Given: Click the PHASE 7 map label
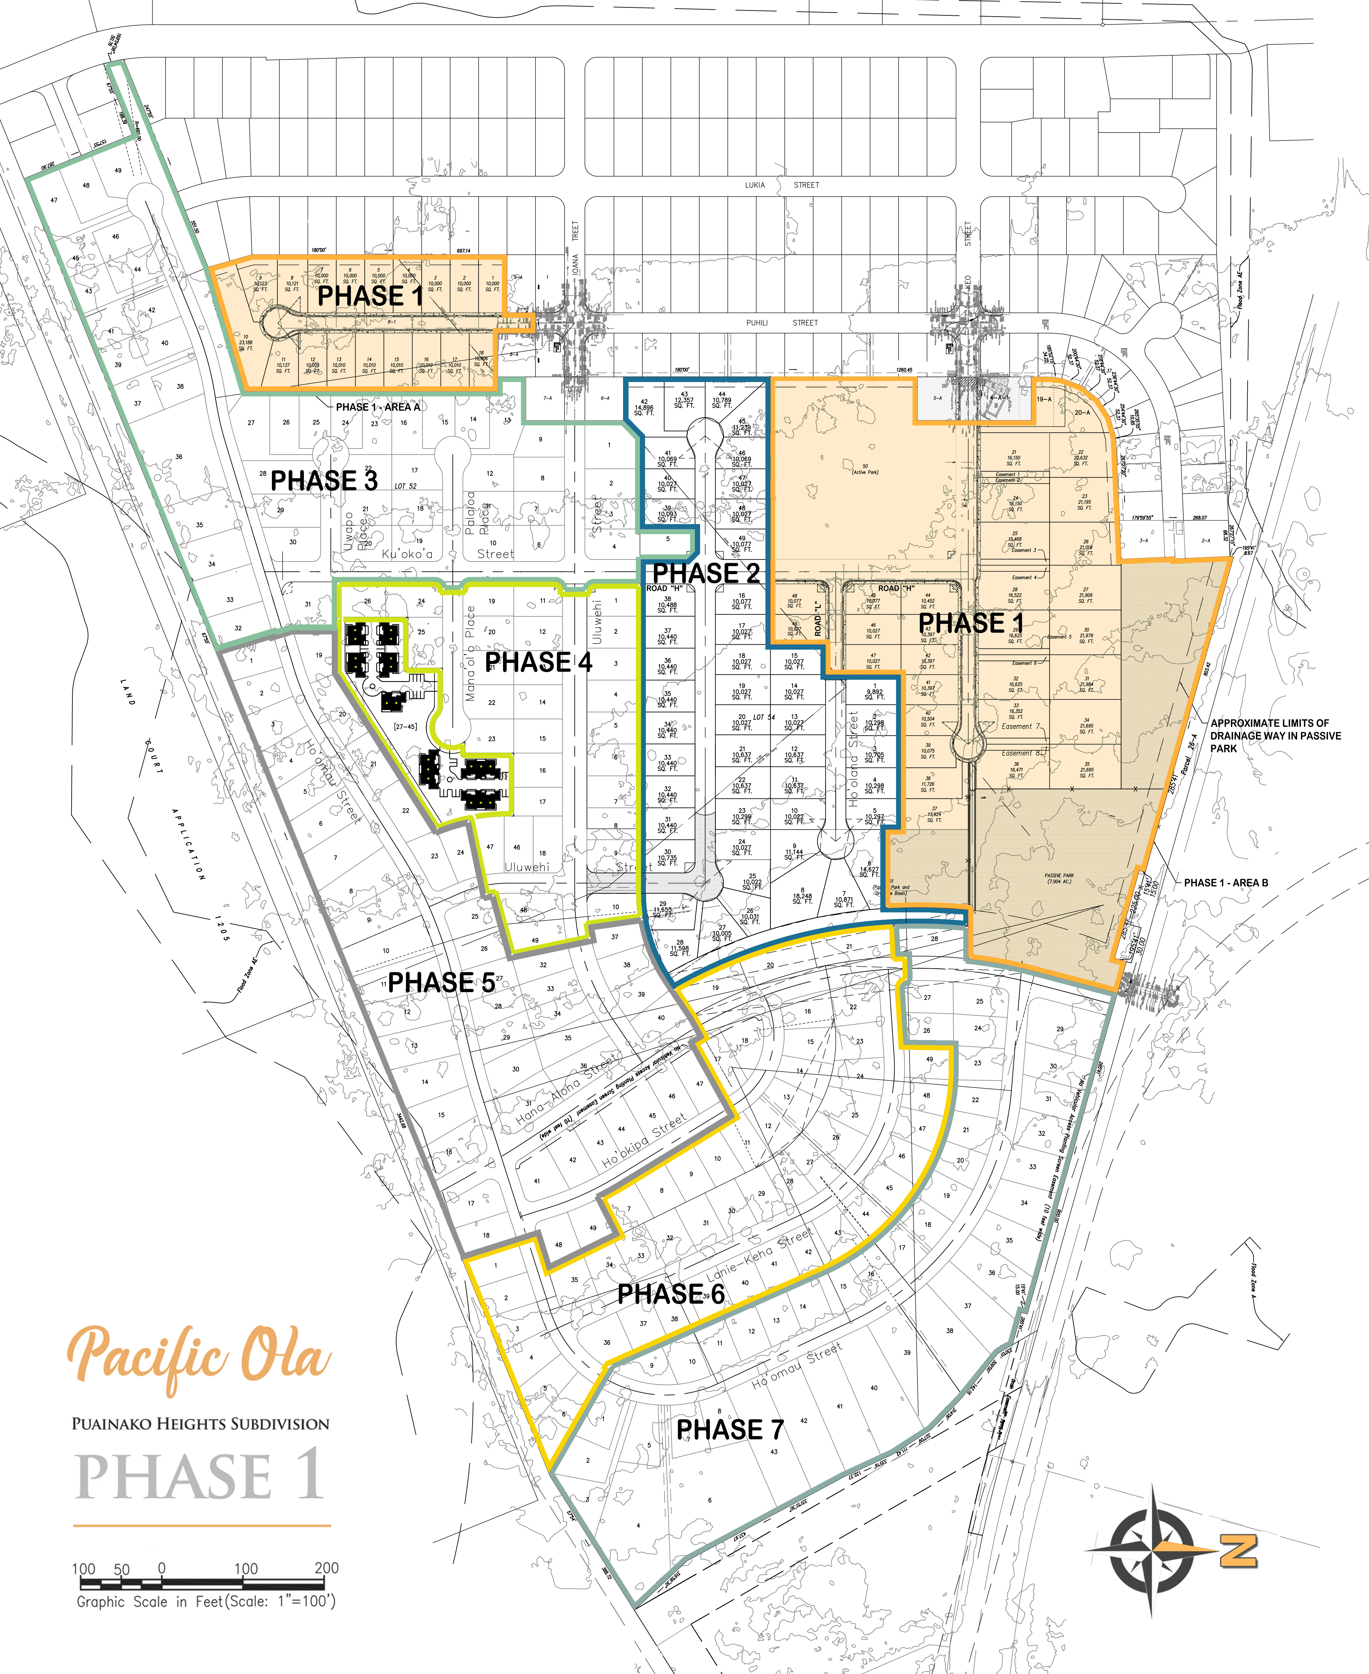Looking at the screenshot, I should click(x=729, y=1429).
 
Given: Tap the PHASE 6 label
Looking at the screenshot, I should click(x=670, y=1294).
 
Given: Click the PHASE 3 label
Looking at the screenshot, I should click(x=324, y=480).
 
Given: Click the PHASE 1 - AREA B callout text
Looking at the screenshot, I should click(x=1225, y=883).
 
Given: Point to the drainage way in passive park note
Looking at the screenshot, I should click(x=1275, y=735).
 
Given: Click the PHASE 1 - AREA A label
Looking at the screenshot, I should click(x=378, y=407).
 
